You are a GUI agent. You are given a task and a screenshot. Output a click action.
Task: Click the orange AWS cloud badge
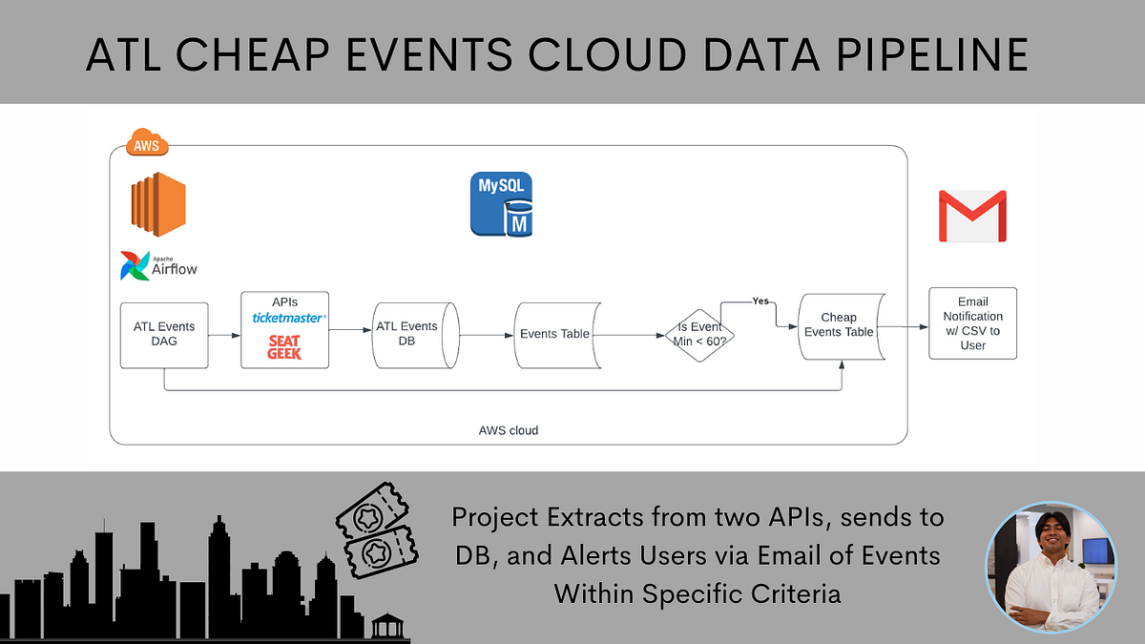(x=147, y=145)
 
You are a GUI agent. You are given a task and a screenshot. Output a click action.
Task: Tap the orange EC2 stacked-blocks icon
(x=158, y=204)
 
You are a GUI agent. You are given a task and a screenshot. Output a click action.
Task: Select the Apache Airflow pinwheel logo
(x=135, y=265)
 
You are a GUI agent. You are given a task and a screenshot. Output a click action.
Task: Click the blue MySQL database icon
(x=501, y=204)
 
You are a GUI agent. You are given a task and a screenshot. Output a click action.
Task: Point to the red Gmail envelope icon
(x=972, y=217)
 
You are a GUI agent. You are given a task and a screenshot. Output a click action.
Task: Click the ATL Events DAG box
(x=164, y=335)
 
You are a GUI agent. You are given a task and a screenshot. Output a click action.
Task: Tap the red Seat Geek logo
(x=284, y=348)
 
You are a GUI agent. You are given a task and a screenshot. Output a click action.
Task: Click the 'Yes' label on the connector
(x=760, y=301)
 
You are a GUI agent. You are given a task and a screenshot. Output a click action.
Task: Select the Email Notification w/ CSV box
(x=972, y=323)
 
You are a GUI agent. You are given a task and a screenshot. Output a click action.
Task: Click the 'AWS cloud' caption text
(x=508, y=430)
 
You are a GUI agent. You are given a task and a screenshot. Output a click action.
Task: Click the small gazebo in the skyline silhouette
(x=386, y=626)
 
